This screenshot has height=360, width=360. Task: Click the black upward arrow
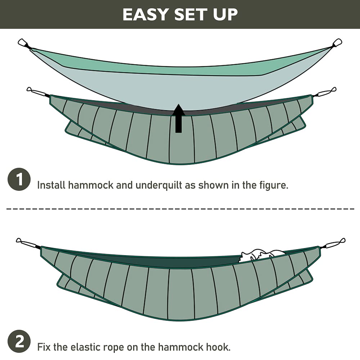179,118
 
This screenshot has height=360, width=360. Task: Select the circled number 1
19,179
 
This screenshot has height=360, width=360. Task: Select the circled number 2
19,341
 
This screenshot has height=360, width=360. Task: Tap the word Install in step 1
51,185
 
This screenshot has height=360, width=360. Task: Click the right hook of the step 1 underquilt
324,92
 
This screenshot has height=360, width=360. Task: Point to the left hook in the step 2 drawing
28,243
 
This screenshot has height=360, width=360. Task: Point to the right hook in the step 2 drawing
333,243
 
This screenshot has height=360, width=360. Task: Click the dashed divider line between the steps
180,209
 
